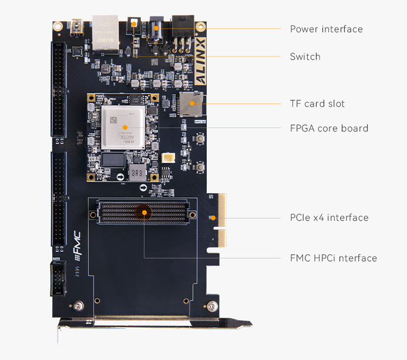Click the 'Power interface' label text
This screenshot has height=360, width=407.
coord(326,29)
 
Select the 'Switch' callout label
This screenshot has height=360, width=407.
coord(305,56)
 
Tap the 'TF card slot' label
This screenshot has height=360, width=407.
coord(317,103)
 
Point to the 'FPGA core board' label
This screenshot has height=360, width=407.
coord(329,128)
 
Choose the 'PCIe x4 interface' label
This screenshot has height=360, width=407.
coord(329,217)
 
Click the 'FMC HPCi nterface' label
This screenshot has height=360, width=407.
coord(333,258)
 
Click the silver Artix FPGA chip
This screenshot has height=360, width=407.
coord(123,126)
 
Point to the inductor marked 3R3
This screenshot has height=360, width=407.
coord(136,173)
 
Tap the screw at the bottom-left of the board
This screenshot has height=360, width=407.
coord(77,305)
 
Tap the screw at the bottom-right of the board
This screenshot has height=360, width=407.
coord(210,305)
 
